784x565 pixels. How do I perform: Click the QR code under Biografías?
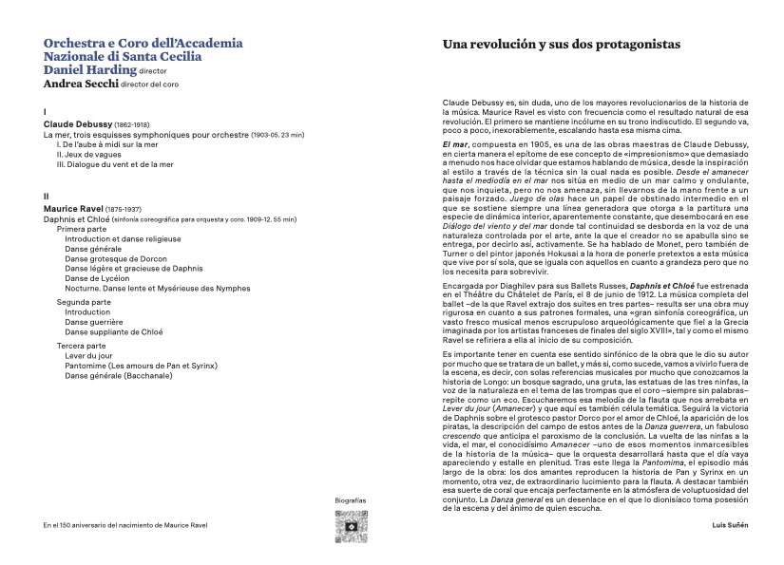351,525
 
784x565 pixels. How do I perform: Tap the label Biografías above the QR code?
351,499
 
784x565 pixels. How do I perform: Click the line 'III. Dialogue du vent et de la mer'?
115,163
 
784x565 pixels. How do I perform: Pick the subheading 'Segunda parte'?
84,301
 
